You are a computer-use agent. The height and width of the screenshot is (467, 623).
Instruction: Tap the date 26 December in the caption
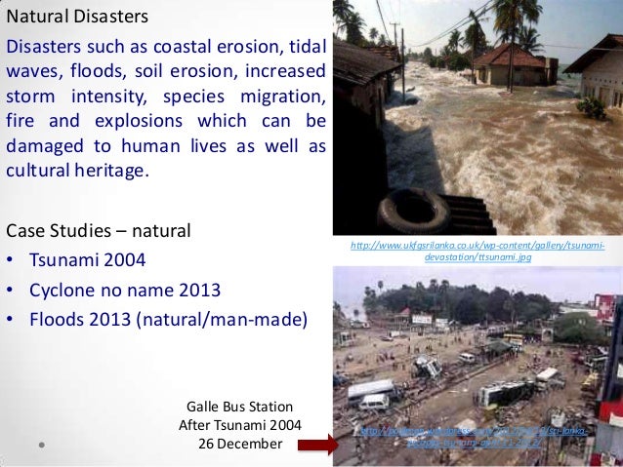point(240,444)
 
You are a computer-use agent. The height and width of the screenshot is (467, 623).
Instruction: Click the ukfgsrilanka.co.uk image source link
point(478,250)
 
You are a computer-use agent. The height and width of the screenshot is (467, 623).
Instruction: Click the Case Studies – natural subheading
point(98,232)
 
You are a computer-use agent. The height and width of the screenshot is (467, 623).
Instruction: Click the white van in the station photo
point(373,402)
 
